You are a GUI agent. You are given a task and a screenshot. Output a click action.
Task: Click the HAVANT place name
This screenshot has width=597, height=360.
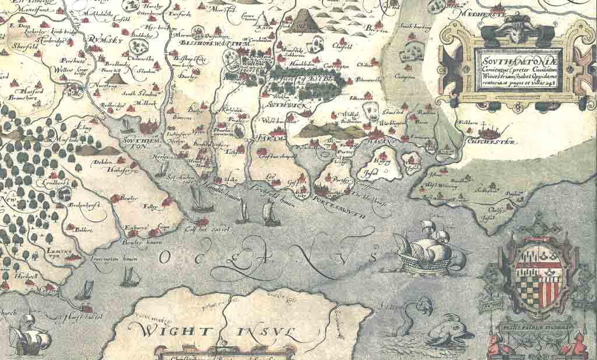tap(384, 141)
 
